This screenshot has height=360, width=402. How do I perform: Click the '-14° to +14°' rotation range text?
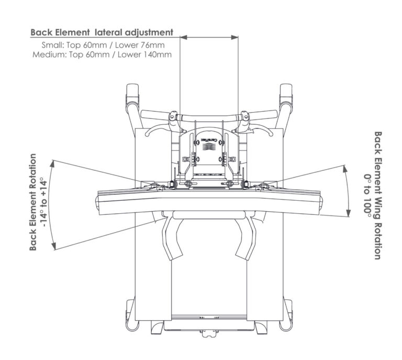[44, 202]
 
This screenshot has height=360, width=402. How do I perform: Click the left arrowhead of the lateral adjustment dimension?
[182, 37]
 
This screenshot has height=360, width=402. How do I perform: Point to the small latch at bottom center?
[208, 332]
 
